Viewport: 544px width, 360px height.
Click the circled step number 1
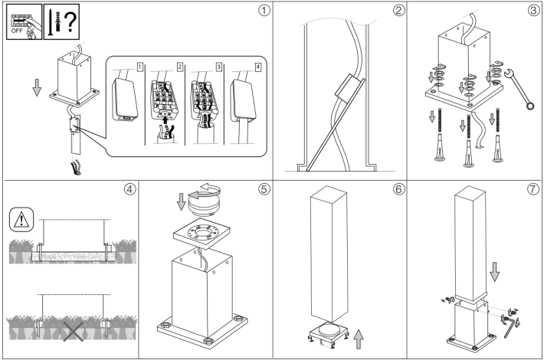tap(264, 11)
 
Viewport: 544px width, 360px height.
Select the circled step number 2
tap(398, 11)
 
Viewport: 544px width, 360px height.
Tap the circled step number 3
tap(533, 11)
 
